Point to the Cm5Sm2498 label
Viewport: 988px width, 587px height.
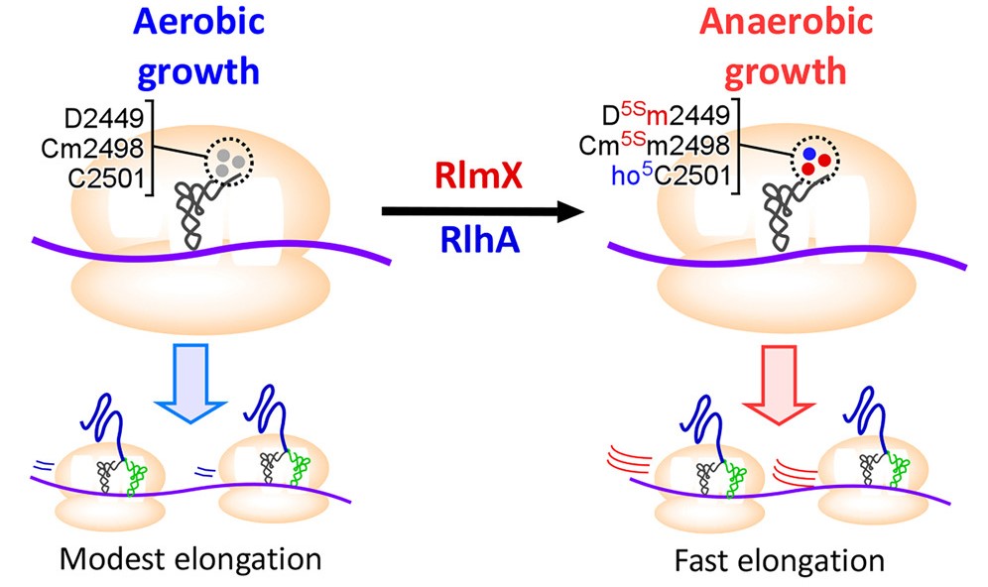click(655, 148)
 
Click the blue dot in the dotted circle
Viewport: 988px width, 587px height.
click(809, 155)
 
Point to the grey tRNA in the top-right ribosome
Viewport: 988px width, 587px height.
click(787, 213)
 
